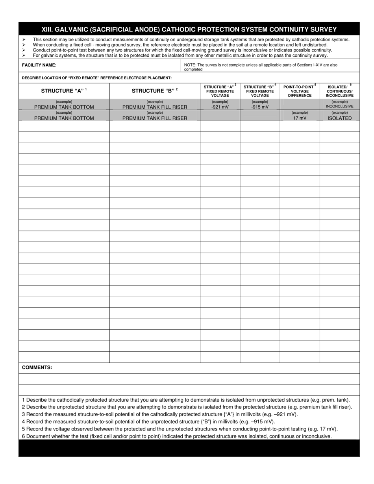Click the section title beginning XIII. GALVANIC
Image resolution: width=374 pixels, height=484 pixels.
[189, 29]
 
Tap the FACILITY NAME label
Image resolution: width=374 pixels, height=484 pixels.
[39, 65]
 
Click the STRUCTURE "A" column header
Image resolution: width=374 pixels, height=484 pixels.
[64, 91]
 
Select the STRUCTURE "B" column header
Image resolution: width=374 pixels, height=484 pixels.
[155, 91]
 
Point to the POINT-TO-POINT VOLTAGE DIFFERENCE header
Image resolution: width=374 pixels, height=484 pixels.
[300, 91]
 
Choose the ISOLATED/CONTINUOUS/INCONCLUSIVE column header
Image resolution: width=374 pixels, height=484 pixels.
[339, 91]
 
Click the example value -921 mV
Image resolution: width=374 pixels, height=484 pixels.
[220, 107]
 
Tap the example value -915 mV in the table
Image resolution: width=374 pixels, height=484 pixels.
[260, 107]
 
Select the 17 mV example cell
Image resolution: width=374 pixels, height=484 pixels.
[300, 118]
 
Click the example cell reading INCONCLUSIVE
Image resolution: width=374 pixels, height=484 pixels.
[339, 106]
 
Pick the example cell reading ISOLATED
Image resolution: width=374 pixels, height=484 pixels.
[339, 118]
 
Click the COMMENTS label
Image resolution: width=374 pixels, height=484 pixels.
[37, 368]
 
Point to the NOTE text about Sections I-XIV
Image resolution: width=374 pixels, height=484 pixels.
[261, 67]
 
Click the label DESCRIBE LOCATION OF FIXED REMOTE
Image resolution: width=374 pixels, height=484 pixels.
[97, 78]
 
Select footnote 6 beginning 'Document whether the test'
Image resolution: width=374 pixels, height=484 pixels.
[177, 436]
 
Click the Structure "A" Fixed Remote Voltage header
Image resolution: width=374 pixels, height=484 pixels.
[220, 91]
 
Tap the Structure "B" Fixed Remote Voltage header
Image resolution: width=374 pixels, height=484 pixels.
[260, 91]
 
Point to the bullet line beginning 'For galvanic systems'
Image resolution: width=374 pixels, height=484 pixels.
[180, 55]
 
